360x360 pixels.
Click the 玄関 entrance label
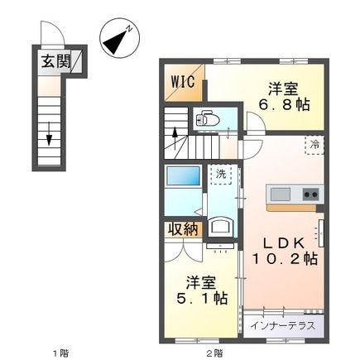click(51, 61)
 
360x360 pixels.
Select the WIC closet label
click(183, 82)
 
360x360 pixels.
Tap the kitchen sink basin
click(281, 194)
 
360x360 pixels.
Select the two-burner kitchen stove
click(310, 194)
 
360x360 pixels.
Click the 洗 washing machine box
click(220, 175)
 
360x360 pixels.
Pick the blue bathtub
click(181, 177)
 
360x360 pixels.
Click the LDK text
click(282, 242)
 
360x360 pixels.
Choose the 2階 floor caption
click(214, 353)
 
